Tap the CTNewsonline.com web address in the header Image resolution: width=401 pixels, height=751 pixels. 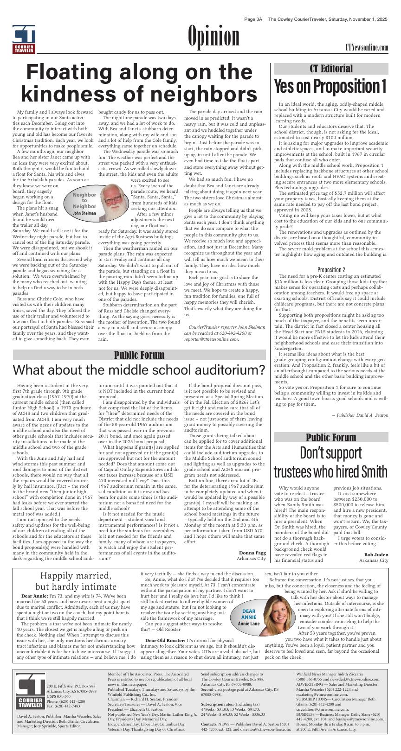(x=366, y=48)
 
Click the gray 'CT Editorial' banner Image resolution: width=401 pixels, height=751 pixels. (x=331, y=69)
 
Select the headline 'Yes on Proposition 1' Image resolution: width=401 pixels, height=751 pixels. (x=331, y=87)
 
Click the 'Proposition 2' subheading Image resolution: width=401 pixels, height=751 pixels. (x=331, y=270)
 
